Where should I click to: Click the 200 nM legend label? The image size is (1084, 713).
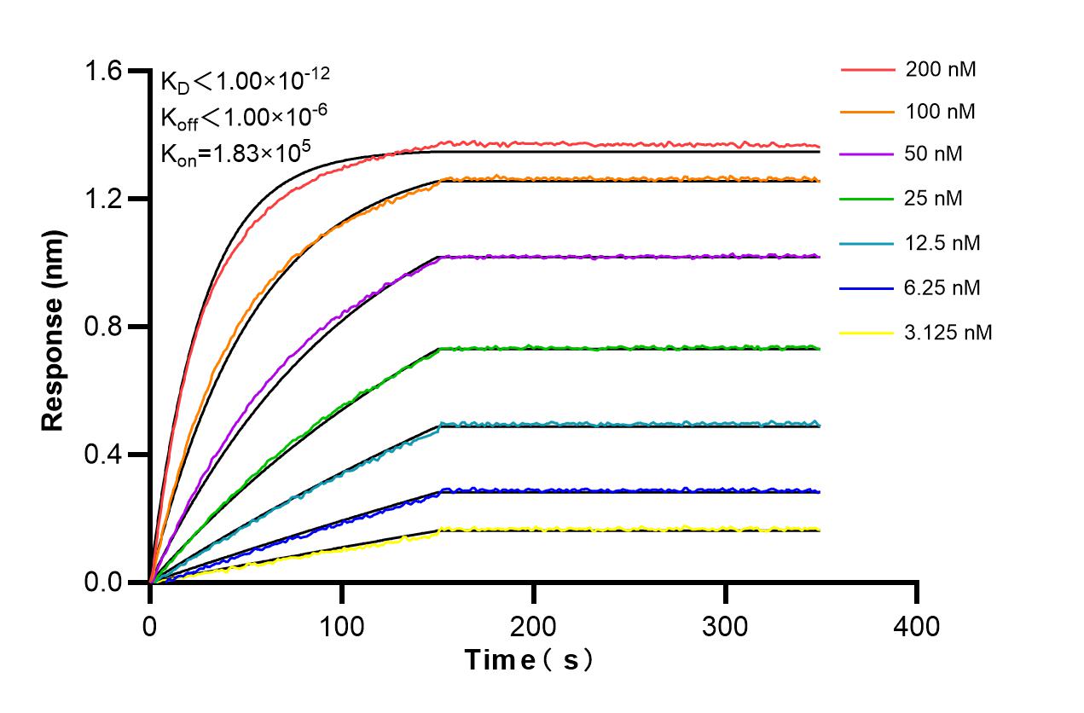pos(941,70)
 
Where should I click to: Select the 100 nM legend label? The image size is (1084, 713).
pos(941,112)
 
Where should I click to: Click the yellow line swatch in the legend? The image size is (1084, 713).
pos(867,333)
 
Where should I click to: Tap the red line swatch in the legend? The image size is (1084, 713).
pos(867,70)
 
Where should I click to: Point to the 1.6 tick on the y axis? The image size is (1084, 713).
pos(102,71)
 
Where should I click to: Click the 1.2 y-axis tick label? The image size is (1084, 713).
pos(102,199)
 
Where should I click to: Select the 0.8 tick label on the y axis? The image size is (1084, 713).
pos(102,327)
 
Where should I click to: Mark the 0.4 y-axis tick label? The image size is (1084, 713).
pos(102,455)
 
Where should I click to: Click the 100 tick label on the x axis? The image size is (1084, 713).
pos(341,627)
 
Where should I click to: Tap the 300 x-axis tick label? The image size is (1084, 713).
pos(725,627)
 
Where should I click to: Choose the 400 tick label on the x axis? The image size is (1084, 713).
pos(917,627)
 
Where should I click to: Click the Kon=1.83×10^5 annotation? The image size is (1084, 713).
pos(235,153)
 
